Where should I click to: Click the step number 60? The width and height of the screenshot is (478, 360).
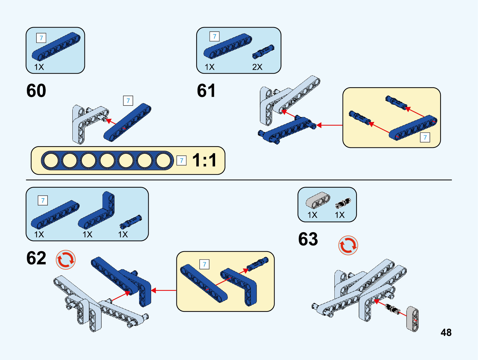pos(36,91)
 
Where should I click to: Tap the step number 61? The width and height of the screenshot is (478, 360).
pos(206,91)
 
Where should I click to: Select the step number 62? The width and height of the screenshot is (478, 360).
pos(36,258)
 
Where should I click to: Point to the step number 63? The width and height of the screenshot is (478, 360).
pos(308,239)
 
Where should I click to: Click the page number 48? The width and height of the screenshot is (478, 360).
pos(446,332)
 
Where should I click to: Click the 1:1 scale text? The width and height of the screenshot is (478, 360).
pos(204,160)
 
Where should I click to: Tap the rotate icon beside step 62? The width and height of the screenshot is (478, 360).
pos(65,260)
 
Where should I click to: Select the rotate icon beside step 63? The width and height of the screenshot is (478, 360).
pos(348,245)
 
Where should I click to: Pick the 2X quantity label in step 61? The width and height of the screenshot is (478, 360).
pos(257,67)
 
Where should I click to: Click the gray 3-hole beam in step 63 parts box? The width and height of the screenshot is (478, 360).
pos(318,200)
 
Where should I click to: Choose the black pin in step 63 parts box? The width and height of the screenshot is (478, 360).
pos(343,203)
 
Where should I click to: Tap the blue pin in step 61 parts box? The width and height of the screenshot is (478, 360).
pos(263,52)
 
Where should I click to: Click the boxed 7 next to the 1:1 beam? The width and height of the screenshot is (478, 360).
pos(181,160)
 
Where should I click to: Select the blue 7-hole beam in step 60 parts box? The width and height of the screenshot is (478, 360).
pos(56,47)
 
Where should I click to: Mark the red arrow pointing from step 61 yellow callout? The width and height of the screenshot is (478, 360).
pos(329,125)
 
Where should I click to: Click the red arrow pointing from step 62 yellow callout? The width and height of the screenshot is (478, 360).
pos(163,290)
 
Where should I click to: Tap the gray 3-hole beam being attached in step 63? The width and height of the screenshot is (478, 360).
pos(413,319)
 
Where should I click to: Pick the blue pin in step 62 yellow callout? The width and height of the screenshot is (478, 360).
pos(257,263)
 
